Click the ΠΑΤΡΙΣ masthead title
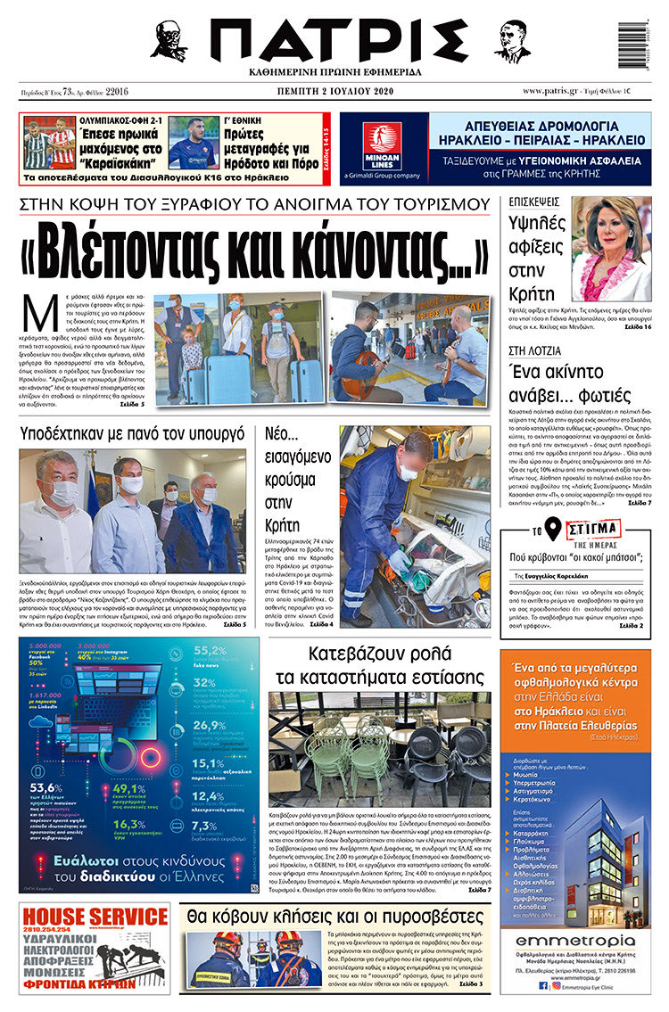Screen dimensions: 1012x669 [334, 40]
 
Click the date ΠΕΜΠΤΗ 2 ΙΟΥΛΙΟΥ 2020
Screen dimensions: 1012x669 [334, 92]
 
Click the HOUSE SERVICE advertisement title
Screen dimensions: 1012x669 [78, 917]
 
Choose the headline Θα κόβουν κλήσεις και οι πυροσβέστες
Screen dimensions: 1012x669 [334, 917]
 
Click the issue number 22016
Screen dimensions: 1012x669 [117, 92]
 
